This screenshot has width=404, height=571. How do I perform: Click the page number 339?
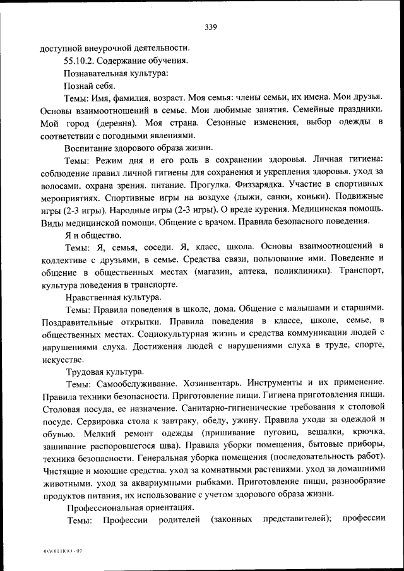pyautogui.click(x=211, y=26)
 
